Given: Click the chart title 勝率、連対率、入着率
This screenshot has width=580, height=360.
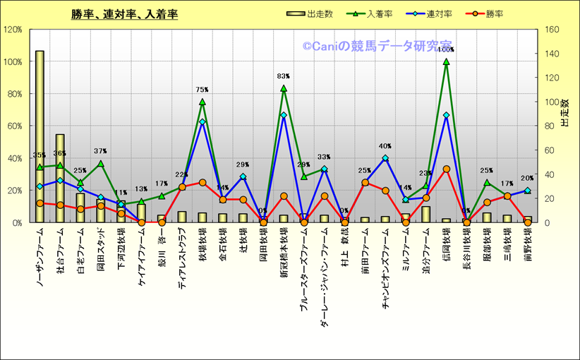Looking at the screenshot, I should [x=124, y=14].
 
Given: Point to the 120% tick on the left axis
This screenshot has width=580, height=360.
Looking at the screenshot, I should [x=13, y=30].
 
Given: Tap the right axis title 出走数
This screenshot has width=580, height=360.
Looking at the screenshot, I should [x=565, y=113].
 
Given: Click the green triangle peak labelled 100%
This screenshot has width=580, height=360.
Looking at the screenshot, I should [x=446, y=61].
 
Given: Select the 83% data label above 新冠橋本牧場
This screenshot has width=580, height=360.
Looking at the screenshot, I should [x=283, y=76].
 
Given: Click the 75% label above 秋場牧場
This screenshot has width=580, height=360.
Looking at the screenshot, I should [x=202, y=90].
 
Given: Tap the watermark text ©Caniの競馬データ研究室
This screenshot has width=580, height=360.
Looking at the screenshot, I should [x=378, y=46].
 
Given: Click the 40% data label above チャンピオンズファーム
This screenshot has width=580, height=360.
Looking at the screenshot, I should [x=385, y=147].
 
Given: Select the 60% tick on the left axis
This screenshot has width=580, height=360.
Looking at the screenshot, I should [x=14, y=126].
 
